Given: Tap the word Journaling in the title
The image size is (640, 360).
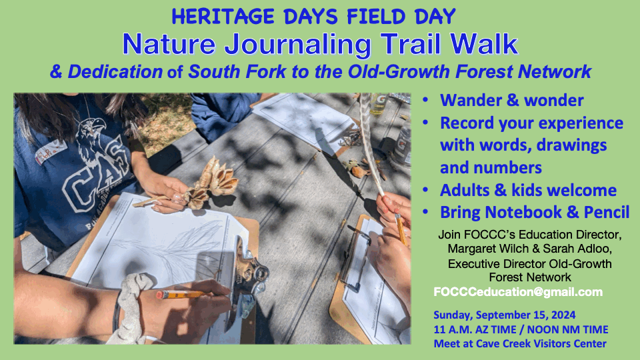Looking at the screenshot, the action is pos(298,45).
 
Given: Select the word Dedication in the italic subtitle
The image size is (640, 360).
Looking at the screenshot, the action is pos(115,72).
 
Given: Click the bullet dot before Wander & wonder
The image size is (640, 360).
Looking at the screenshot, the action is pos(426,100).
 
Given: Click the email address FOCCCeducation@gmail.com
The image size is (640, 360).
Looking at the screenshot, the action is pos(518,292).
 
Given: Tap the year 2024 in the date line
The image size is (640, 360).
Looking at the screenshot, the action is pos(563,315).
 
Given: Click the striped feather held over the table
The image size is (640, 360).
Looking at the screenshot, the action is pos(371,143).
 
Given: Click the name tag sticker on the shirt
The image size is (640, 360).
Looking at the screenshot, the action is pos(51,151).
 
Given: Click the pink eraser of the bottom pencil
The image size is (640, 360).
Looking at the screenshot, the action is pos(160,294).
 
